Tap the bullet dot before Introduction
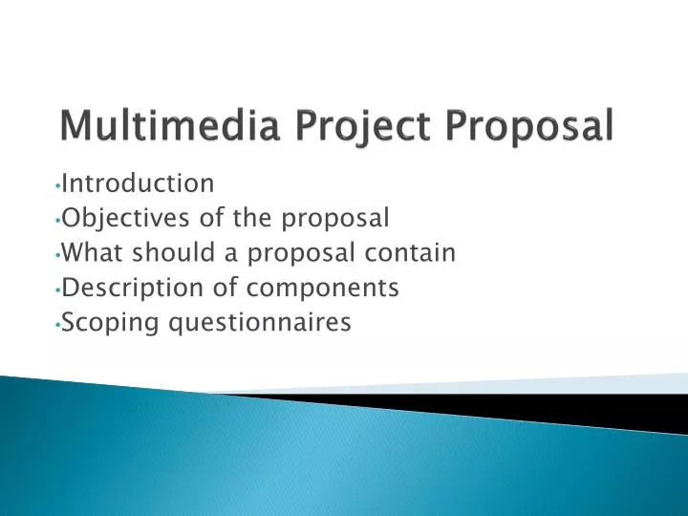click(x=58, y=183)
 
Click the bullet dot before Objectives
click(x=58, y=220)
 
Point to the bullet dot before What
click(x=58, y=254)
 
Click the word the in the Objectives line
click(x=252, y=218)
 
